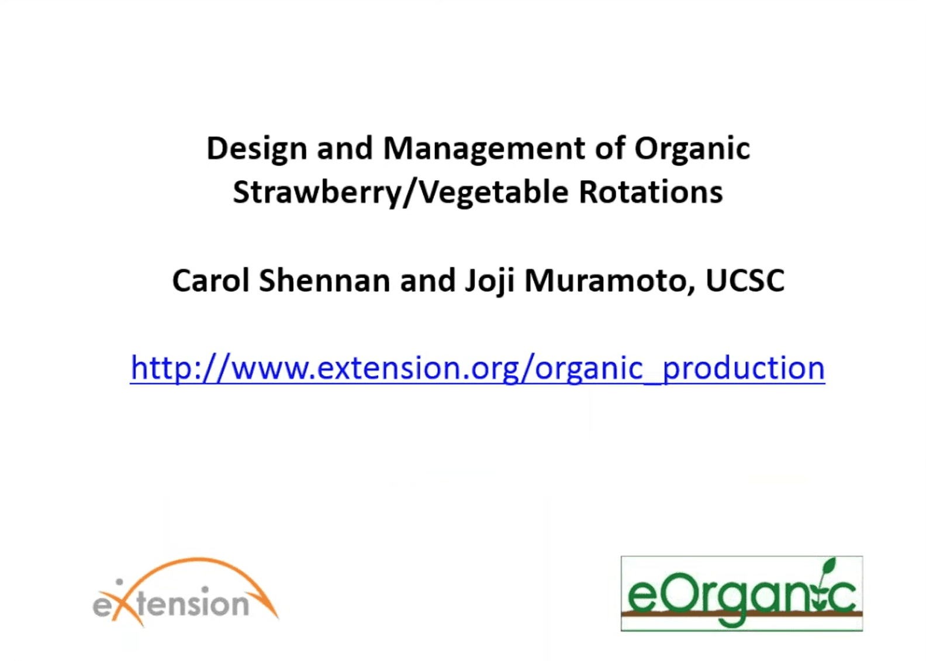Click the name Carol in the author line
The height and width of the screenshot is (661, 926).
tap(211, 280)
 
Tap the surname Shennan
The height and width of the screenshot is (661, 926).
tap(324, 280)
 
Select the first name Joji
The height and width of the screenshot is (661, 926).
tap(489, 282)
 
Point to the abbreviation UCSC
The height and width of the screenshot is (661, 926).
tap(745, 280)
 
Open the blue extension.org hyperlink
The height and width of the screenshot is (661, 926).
tap(478, 368)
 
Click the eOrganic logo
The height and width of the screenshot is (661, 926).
tap(742, 594)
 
